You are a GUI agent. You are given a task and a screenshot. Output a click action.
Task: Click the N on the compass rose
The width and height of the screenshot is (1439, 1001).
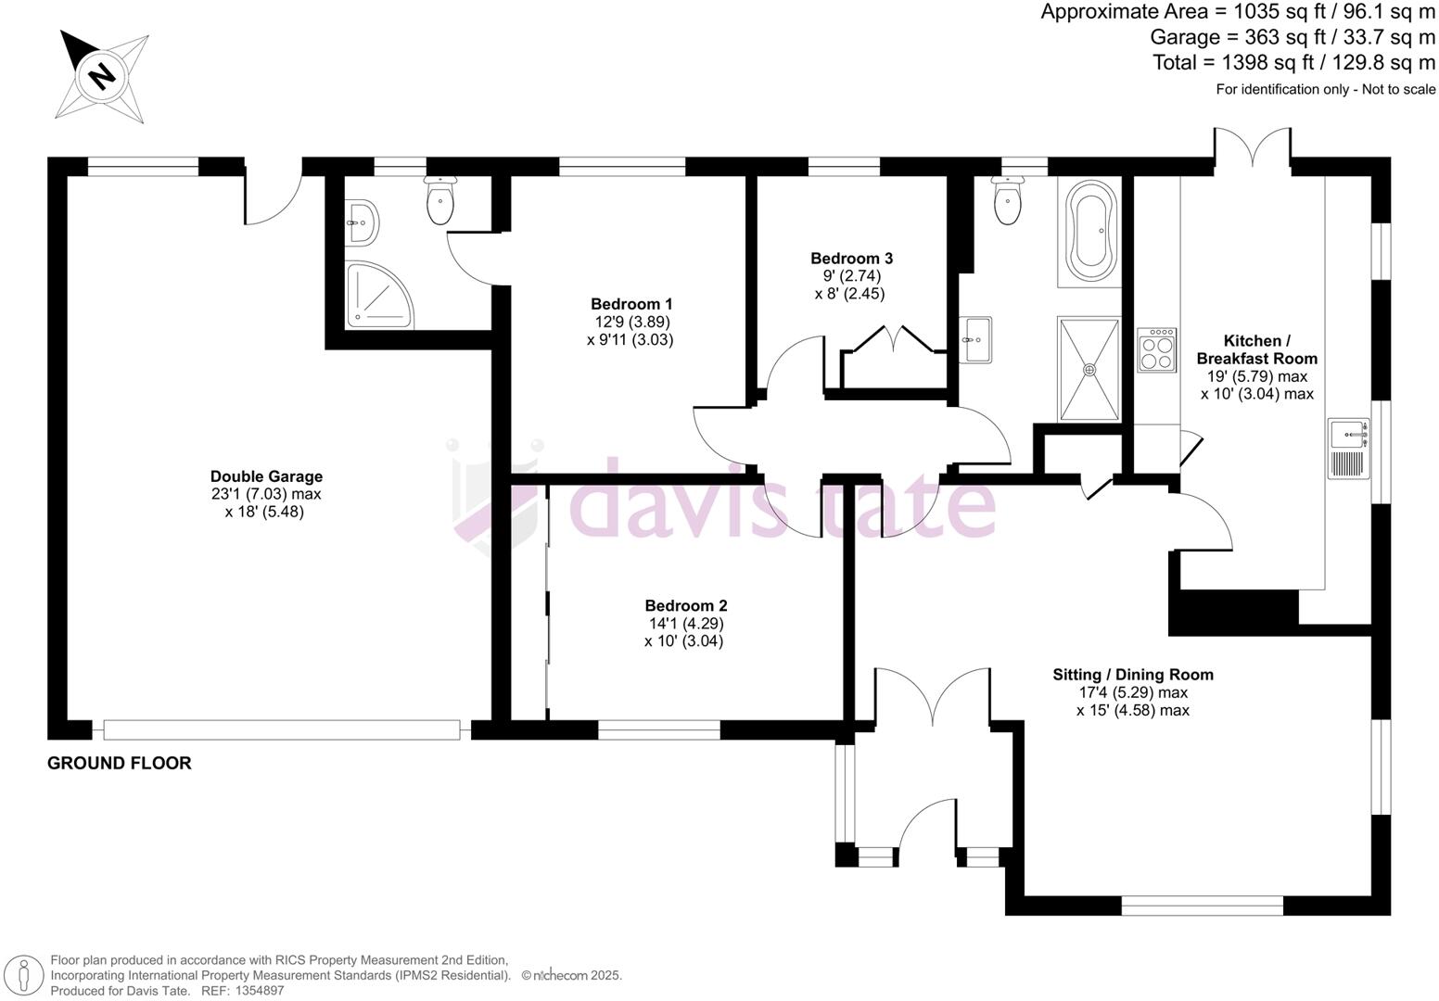coord(101,75)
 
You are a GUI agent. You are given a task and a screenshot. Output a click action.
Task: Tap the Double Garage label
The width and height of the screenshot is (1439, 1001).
coord(266,476)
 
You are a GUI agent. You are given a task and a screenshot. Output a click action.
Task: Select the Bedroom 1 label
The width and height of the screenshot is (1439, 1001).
coord(631,304)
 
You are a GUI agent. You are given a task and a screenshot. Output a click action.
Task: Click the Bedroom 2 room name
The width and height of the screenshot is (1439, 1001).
coord(685,605)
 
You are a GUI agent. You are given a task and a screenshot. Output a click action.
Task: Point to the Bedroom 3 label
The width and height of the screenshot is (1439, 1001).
coord(851,259)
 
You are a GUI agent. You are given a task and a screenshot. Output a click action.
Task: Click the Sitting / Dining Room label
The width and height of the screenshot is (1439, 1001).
coord(1132,675)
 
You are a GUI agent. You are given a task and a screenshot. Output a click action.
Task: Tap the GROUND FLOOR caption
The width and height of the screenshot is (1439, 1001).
coord(120,764)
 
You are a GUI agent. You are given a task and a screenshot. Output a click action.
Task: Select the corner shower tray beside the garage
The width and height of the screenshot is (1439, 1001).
coord(379,296)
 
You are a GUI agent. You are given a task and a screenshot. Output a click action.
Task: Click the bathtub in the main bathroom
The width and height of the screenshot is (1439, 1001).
coord(1090,230)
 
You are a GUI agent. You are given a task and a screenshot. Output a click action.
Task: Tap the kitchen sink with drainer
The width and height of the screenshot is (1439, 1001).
coord(1350,449)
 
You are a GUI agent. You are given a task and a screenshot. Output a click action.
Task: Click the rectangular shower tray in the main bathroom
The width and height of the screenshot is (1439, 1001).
coord(1089,369)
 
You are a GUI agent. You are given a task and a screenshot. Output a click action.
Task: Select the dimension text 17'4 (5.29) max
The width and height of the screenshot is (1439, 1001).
coord(1132,692)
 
